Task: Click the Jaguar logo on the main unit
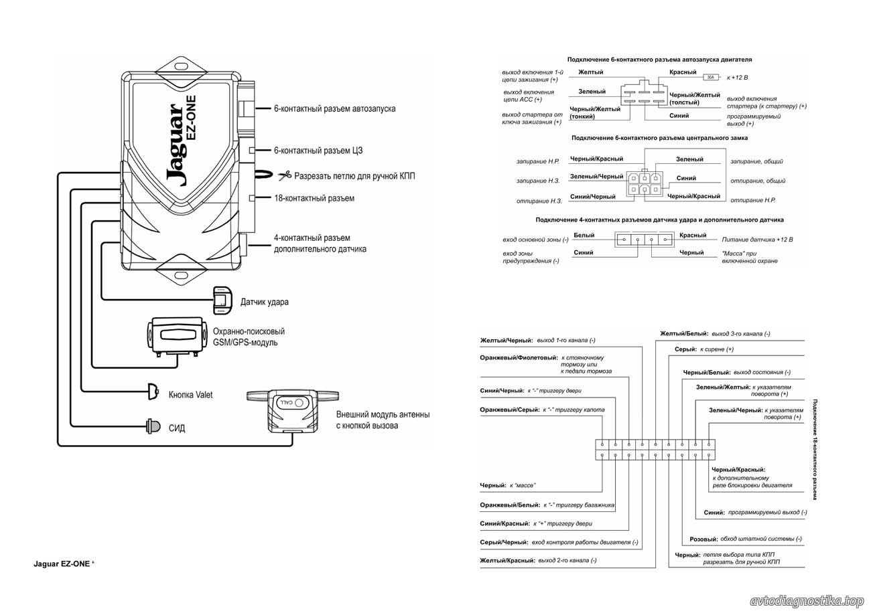176,145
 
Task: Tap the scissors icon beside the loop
285,175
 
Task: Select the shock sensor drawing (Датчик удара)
222,300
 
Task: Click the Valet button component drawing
153,391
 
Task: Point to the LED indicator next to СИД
153,426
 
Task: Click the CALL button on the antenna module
292,403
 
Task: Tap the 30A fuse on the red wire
711,77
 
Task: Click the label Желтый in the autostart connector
591,72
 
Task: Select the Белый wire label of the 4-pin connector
584,235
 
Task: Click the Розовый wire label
703,539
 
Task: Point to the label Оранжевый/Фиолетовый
519,357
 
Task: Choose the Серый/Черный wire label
504,542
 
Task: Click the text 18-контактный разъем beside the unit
314,198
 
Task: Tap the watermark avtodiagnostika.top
807,602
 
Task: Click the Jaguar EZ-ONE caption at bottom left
62,563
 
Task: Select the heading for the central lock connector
659,138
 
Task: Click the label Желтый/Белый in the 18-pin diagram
684,333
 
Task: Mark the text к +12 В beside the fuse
737,77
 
